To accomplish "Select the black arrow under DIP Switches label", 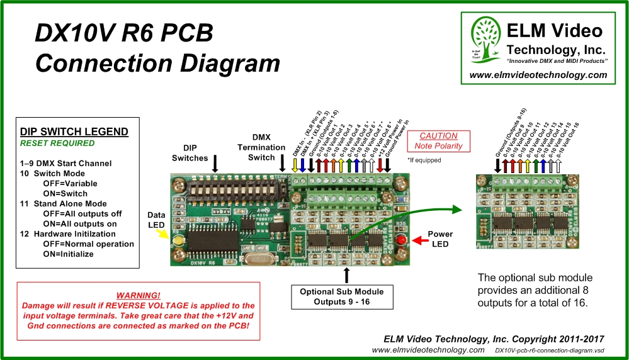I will coord(215,164).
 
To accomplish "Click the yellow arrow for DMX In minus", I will coord(295,165).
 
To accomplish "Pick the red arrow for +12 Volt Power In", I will coord(380,165).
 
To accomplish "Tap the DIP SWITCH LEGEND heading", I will coord(74,132).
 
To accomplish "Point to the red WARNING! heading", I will coord(138,295).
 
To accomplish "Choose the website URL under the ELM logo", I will coord(538,75).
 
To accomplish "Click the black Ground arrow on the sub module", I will coord(498,165).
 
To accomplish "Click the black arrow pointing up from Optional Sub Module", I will coord(346,274).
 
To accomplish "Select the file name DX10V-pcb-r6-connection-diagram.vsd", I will coord(550,350).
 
